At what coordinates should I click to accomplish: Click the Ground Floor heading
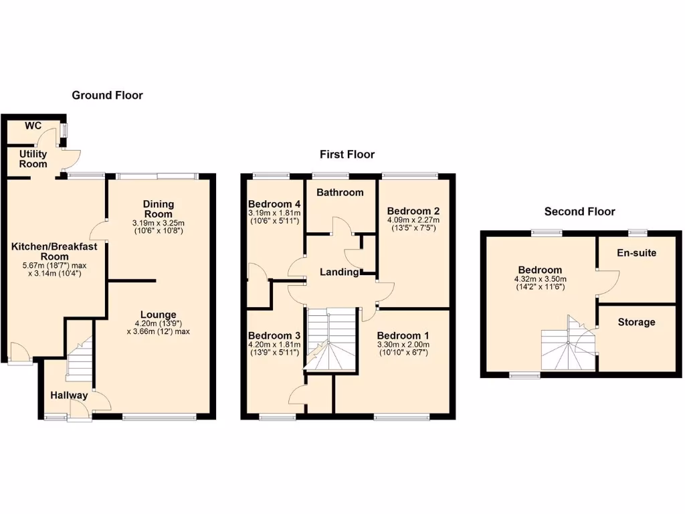click(x=107, y=96)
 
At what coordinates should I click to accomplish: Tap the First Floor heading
click(x=347, y=155)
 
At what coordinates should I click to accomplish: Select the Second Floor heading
click(x=579, y=211)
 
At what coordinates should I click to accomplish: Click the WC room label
click(x=33, y=126)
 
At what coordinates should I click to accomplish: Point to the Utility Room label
click(x=33, y=159)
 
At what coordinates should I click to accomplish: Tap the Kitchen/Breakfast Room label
click(x=54, y=252)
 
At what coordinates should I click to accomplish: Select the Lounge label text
click(x=159, y=315)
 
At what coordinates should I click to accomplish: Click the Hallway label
click(x=69, y=396)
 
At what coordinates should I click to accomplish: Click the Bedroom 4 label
click(x=274, y=204)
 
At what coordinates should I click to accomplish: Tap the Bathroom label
click(x=340, y=193)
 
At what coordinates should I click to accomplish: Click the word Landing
click(x=339, y=272)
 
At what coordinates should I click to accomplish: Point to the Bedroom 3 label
click(x=274, y=336)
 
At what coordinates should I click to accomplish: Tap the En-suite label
click(x=636, y=253)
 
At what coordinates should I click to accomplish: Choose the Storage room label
click(x=636, y=323)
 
